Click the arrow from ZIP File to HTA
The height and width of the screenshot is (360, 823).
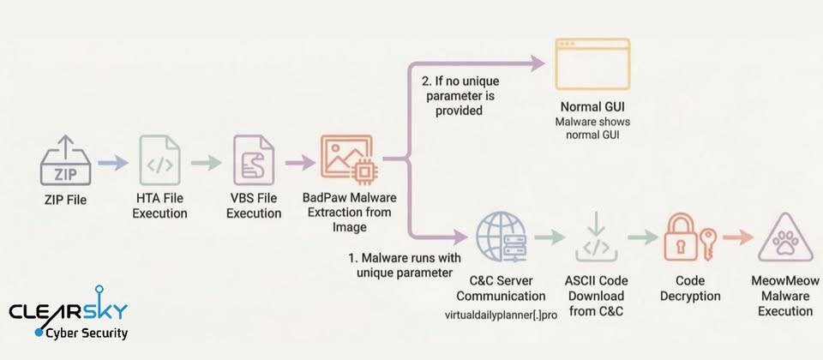point(111,161)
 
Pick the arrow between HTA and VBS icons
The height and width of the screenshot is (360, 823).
point(206,161)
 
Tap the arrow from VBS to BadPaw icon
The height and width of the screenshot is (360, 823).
point(300,161)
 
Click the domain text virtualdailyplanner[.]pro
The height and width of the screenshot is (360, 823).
point(501,315)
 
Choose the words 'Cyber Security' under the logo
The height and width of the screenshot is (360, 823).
point(86,333)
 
